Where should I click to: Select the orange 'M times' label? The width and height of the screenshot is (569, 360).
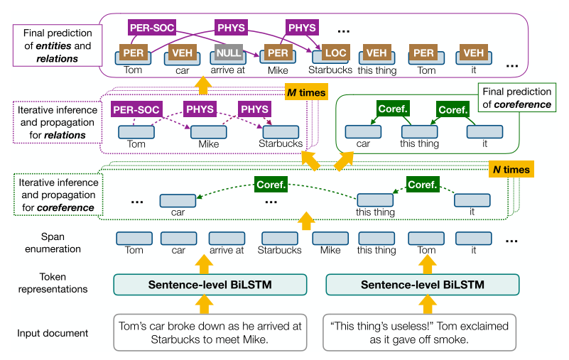[x=305, y=93]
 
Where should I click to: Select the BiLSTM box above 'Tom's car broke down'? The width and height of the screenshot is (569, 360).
[x=210, y=284]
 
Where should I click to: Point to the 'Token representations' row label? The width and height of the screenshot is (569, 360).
[x=54, y=283]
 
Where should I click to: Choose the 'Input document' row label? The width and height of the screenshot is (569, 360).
[x=54, y=333]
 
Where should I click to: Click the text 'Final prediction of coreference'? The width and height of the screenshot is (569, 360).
[x=516, y=98]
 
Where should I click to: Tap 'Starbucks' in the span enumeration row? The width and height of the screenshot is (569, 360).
[x=280, y=250]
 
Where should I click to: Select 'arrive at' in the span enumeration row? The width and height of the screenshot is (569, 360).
[x=227, y=250]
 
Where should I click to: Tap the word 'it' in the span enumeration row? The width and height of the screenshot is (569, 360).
[x=474, y=250]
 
